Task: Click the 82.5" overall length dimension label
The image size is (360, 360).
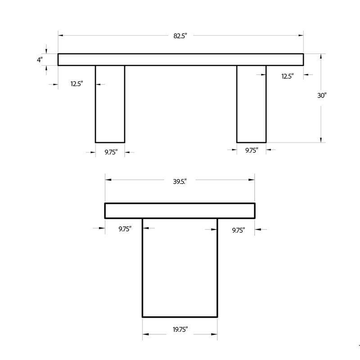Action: pyautogui.click(x=180, y=36)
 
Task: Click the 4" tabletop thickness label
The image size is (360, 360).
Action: pyautogui.click(x=40, y=59)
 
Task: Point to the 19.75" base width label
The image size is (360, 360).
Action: pyautogui.click(x=179, y=330)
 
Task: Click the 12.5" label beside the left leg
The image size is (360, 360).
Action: pyautogui.click(x=76, y=84)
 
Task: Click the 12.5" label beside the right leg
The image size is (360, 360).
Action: pyautogui.click(x=288, y=76)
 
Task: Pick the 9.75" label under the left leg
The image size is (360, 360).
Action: pyautogui.click(x=111, y=153)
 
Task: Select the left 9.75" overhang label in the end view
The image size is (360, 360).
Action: pyautogui.click(x=125, y=229)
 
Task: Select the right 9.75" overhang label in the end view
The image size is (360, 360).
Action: pyautogui.click(x=238, y=230)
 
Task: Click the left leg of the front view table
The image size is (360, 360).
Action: pyautogui.click(x=110, y=103)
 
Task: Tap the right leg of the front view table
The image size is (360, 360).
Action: pyautogui.click(x=251, y=103)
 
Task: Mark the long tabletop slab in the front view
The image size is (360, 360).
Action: pyautogui.click(x=180, y=59)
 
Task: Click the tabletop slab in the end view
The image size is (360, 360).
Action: pyautogui.click(x=180, y=211)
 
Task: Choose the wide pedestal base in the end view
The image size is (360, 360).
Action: pyautogui.click(x=180, y=268)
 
